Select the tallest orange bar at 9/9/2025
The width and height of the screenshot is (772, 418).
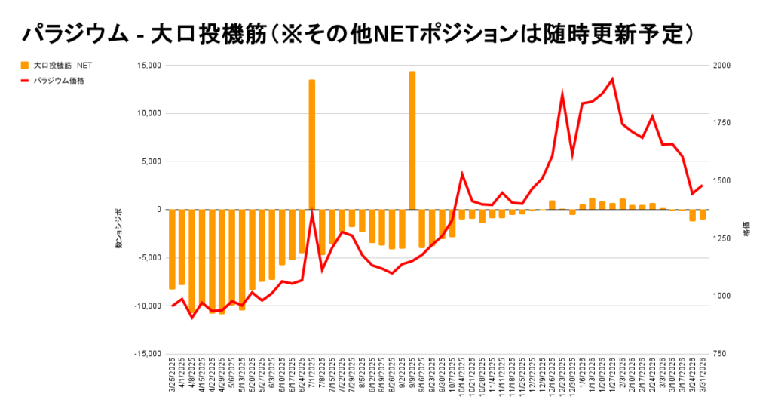[412, 140]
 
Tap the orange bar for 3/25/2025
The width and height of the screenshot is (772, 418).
[172, 249]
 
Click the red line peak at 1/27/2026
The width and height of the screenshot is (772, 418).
[611, 79]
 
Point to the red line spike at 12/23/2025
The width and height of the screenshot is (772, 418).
[562, 94]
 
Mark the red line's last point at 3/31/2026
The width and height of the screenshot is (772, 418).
[702, 186]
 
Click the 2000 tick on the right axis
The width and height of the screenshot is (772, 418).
[721, 66]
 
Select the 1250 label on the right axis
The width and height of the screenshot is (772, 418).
[721, 238]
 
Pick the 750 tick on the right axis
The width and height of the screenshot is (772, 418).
[720, 354]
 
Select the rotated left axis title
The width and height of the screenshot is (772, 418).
[118, 229]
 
